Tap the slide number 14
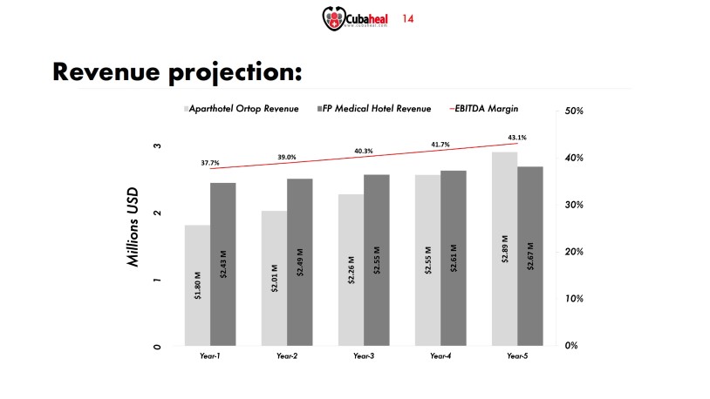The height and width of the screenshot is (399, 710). tap(406, 17)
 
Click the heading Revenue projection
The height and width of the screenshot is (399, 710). tap(178, 71)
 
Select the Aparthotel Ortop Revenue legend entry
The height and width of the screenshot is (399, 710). tap(242, 109)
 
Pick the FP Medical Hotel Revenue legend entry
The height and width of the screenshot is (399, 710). tap(377, 109)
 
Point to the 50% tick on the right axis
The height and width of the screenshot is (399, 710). tap(563, 112)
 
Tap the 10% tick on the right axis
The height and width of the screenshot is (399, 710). tap(563, 299)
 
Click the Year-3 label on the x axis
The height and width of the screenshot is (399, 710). tap(364, 356)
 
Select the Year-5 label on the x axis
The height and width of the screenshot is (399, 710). tap(517, 356)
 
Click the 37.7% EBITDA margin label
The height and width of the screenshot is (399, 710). tap(210, 163)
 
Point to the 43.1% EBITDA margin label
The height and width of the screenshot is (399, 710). tap(516, 138)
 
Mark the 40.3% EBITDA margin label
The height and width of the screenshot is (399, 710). tap(364, 151)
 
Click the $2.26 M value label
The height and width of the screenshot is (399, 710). tap(352, 269)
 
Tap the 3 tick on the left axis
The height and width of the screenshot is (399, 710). tap(158, 146)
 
